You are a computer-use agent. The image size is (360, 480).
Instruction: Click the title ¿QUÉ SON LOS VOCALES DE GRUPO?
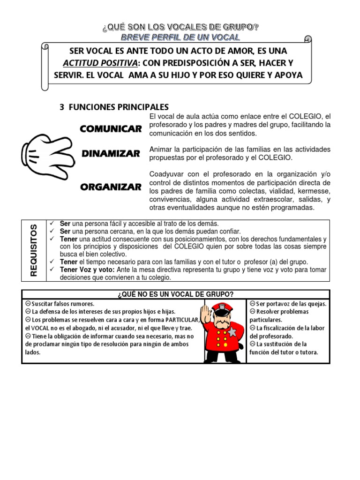pyautogui.click(x=180, y=27)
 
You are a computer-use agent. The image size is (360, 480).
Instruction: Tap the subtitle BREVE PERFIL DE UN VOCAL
pyautogui.click(x=180, y=37)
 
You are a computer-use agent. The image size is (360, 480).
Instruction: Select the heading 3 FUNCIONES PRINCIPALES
pyautogui.click(x=114, y=107)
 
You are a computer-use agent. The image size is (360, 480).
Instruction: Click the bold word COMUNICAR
pyautogui.click(x=111, y=128)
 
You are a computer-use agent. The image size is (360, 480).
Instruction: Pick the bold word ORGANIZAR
pyautogui.click(x=111, y=187)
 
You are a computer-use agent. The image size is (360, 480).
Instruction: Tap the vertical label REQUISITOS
pyautogui.click(x=33, y=250)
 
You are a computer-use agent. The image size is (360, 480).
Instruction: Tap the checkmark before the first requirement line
pyautogui.click(x=52, y=223)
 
